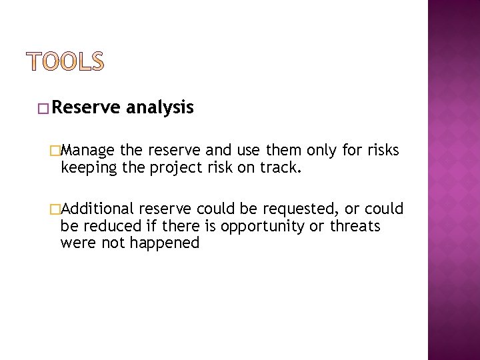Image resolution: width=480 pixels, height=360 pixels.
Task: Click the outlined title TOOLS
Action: point(66,61)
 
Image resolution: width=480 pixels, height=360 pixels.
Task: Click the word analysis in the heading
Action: point(159,107)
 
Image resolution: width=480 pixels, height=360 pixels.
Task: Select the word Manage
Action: point(90,151)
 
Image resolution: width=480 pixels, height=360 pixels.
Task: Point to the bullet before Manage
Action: point(63,151)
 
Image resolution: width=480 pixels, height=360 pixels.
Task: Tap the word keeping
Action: point(87,168)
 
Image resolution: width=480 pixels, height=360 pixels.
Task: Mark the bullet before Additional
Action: point(63,209)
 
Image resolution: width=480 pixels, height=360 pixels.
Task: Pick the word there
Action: point(178,226)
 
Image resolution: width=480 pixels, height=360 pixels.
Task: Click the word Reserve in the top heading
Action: point(85,107)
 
